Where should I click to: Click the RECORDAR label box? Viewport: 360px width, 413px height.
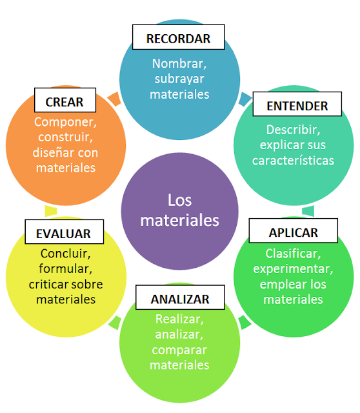pos(179,37)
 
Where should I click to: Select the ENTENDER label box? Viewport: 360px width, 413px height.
pos(297,104)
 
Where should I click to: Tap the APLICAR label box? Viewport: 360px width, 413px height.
pos(294,231)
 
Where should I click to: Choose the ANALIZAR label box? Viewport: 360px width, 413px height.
pos(180,297)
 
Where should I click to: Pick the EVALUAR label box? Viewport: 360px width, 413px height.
pos(65,232)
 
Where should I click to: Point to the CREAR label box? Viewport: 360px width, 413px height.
pos(65,100)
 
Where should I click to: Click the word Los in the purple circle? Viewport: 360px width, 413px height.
pos(180,200)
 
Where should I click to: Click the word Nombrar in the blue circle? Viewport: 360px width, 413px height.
pos(178,63)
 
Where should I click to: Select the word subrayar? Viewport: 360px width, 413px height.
pos(179,79)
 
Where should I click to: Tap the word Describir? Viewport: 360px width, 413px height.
pos(292,130)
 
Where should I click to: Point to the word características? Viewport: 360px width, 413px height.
pos(293,161)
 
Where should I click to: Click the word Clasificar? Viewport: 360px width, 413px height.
pos(292,254)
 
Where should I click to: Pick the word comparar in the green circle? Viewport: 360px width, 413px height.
pos(179,350)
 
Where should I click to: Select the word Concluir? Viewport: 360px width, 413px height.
pos(65,254)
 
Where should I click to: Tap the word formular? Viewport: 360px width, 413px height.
pos(65,269)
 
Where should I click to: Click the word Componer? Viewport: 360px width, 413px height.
pos(65,122)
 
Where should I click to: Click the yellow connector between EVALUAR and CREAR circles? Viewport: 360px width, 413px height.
pos(51,211)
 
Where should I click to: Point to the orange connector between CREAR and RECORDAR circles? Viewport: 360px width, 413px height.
pos(115,99)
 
